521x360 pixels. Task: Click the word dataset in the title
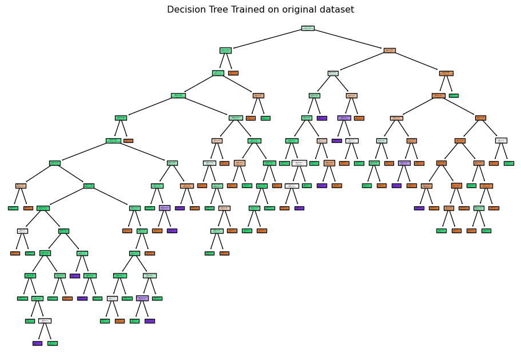337,10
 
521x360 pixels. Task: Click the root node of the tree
308,28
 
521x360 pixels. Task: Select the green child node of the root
225,50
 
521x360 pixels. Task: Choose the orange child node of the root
389,50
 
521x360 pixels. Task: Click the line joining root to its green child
267,39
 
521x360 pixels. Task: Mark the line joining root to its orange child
349,39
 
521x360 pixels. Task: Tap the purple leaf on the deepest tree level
37,343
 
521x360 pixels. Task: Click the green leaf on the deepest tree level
52,343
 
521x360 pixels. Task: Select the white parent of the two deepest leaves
45,321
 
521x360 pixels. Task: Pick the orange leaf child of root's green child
233,73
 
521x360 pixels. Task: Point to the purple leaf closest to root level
321,118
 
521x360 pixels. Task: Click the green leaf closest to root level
454,95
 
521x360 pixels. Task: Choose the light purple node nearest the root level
344,118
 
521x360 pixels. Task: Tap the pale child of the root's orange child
333,73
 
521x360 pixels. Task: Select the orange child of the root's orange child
446,73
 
